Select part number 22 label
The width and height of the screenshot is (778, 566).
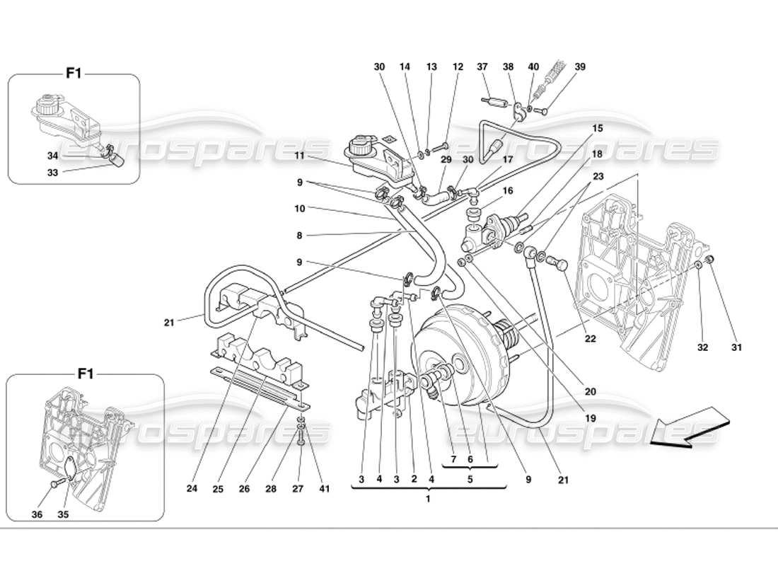pos(590,339)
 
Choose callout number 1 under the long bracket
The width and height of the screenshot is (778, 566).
pos(428,498)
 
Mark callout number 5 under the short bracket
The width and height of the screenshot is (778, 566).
pos(470,478)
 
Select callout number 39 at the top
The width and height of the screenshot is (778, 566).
pos(580,67)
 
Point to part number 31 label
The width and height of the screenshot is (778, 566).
pos(736,347)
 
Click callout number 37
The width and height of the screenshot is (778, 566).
pos(483,67)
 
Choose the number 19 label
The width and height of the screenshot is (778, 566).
pos(591,418)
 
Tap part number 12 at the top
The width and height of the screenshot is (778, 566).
pos(458,67)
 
